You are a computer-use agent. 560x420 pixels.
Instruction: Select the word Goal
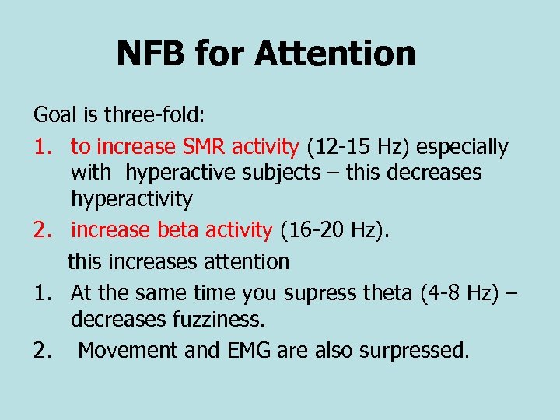54,115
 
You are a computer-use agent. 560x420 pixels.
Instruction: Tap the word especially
463,146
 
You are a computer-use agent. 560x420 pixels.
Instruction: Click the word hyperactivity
131,199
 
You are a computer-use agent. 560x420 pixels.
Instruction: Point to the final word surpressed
415,350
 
